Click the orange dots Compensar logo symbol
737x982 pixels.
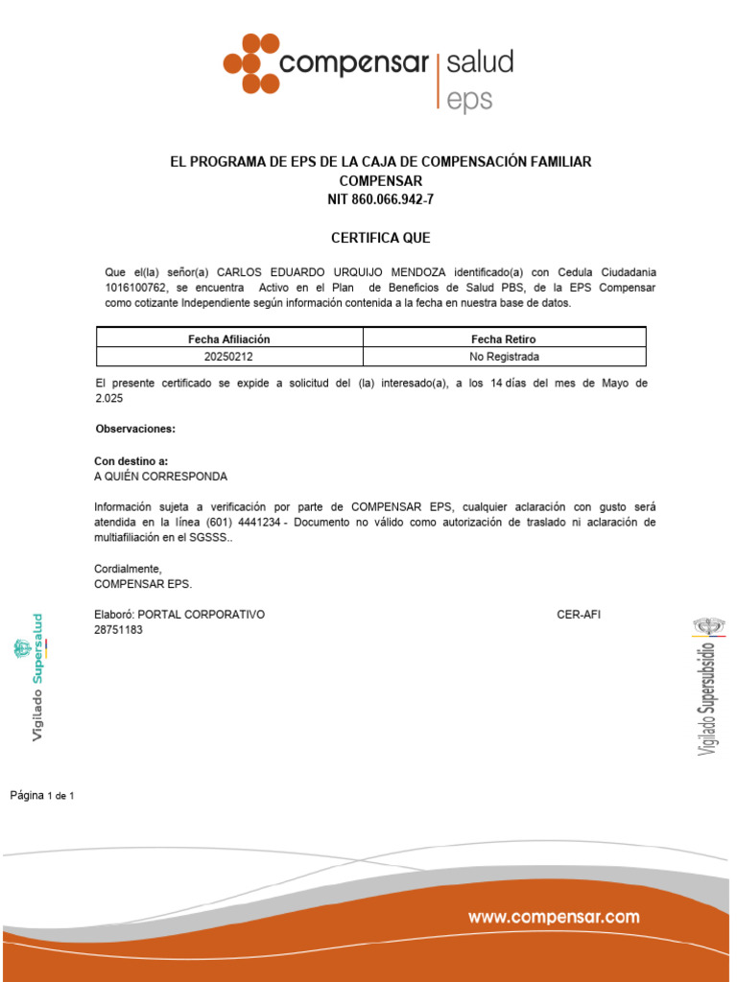(x=251, y=63)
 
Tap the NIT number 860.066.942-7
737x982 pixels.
(x=381, y=199)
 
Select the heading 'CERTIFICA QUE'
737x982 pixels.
(x=381, y=238)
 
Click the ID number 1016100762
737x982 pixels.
(x=134, y=288)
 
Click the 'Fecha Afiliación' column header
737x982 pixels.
(x=229, y=339)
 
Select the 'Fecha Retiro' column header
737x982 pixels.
(x=504, y=339)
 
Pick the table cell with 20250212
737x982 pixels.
(x=229, y=357)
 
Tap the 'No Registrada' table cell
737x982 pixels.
(x=504, y=357)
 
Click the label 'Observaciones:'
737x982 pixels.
(x=135, y=429)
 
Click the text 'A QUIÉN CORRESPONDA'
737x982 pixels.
(x=161, y=476)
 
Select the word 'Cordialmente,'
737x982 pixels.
(x=128, y=569)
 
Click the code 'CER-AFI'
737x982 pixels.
(x=579, y=614)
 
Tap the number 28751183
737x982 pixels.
(x=118, y=630)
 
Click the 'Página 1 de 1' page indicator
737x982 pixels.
(x=42, y=795)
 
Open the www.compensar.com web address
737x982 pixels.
(x=554, y=918)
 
